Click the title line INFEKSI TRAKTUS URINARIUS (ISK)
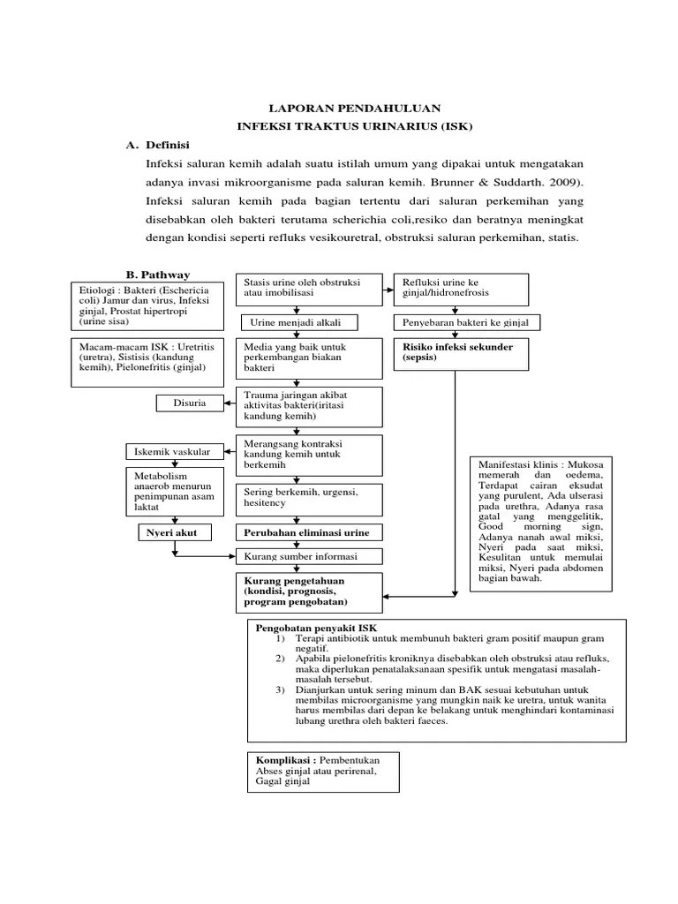355,126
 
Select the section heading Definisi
169,145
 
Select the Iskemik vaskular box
172,452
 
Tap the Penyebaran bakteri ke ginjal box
459,322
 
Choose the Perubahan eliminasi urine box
307,533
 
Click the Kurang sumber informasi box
307,556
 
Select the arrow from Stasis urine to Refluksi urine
389,288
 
